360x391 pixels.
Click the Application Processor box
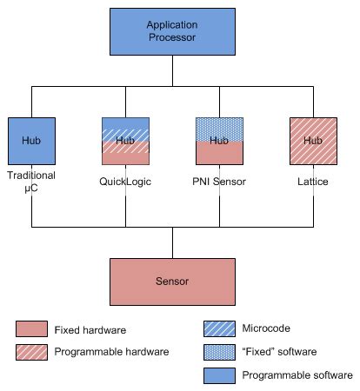tap(171, 33)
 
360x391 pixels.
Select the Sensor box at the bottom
tap(171, 282)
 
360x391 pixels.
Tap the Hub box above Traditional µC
tap(31, 141)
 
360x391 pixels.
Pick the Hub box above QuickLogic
tap(126, 141)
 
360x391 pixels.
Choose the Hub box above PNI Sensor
tap(219, 141)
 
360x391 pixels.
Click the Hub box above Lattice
tap(313, 141)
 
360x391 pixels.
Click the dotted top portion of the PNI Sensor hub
tap(219, 128)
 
